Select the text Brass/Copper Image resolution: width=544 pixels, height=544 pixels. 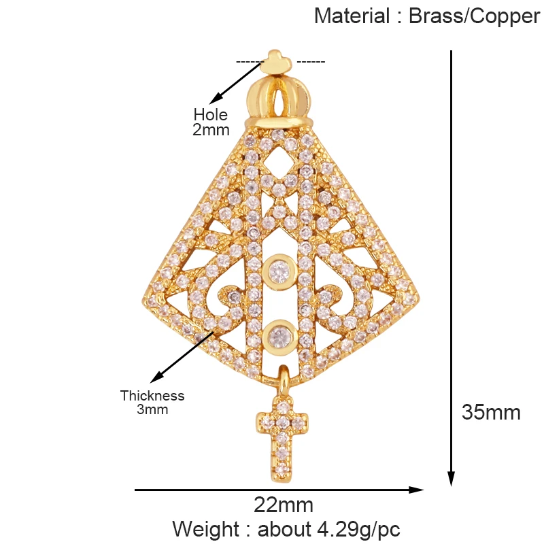click(474, 16)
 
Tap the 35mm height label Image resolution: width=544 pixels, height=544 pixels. click(491, 412)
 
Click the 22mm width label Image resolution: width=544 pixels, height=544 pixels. click(284, 505)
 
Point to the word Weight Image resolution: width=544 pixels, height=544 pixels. click(205, 528)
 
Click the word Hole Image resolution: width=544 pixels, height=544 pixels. click(211, 115)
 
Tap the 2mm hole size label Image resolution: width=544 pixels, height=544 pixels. click(211, 129)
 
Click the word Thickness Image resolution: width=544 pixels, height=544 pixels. click(152, 396)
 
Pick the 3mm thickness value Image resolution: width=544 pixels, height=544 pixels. click(152, 409)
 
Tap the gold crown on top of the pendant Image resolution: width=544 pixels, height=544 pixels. click(281, 99)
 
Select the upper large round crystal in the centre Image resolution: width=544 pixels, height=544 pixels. click(277, 271)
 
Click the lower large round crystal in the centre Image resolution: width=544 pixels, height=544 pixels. click(277, 335)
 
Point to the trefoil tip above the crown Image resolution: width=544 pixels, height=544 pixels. click(275, 60)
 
